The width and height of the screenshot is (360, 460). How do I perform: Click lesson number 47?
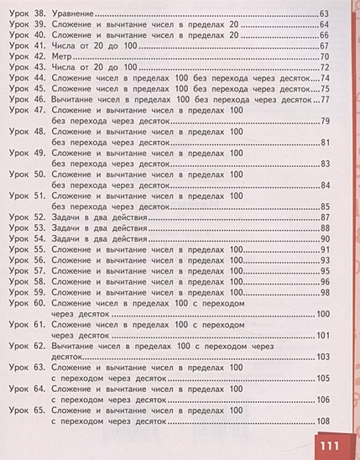pyautogui.click(x=37, y=110)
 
